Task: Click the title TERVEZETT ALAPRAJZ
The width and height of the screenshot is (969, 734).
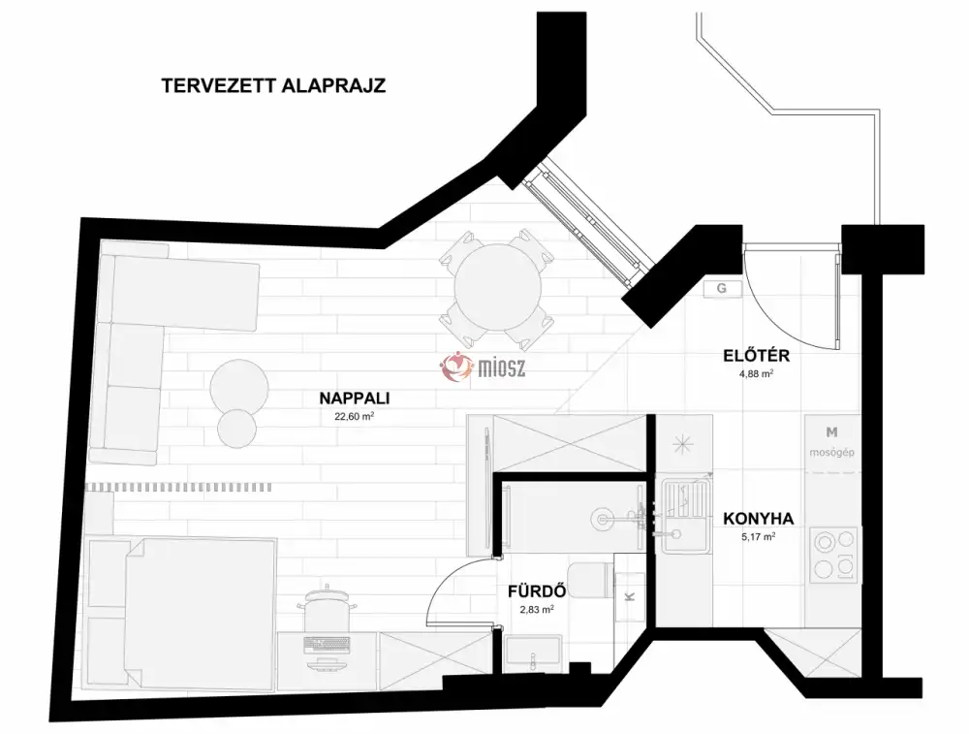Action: pyautogui.click(x=273, y=85)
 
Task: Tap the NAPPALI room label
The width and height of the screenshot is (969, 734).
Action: pyautogui.click(x=355, y=399)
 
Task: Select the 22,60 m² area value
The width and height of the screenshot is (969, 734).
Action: pyautogui.click(x=355, y=416)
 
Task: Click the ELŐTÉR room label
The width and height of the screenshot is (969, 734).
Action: pyautogui.click(x=757, y=356)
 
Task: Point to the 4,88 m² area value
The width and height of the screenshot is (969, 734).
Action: pyautogui.click(x=757, y=373)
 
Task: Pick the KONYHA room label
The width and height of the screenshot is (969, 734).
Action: pyautogui.click(x=759, y=518)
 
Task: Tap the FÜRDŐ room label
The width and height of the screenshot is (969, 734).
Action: pyautogui.click(x=537, y=591)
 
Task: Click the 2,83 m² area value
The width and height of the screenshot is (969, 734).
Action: pyautogui.click(x=537, y=609)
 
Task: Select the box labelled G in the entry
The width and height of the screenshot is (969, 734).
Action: pyautogui.click(x=722, y=289)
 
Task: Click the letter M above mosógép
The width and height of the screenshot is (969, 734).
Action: pyautogui.click(x=831, y=431)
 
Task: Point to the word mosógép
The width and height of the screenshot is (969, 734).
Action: pyautogui.click(x=831, y=452)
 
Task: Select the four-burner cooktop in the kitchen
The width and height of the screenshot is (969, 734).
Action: pyautogui.click(x=834, y=554)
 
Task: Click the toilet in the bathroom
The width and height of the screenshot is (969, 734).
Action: pyautogui.click(x=591, y=581)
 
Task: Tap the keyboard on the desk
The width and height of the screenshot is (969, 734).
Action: pyautogui.click(x=327, y=645)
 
